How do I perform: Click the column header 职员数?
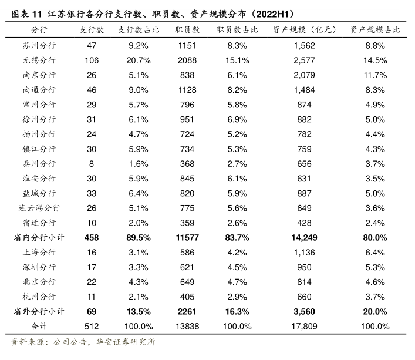(187, 30)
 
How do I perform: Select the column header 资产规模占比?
(375, 30)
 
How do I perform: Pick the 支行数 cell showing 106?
(92, 60)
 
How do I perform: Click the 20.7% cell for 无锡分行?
(140, 60)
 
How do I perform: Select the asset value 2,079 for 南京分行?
(303, 75)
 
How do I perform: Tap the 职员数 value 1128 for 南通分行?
(187, 90)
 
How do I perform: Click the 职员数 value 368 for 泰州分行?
(187, 164)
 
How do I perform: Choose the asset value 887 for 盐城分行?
(303, 193)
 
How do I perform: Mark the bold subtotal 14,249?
(303, 238)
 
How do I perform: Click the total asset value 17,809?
(303, 327)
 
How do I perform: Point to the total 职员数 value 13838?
(187, 327)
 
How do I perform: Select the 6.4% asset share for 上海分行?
(375, 253)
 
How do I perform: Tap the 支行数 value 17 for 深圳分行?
(92, 267)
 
